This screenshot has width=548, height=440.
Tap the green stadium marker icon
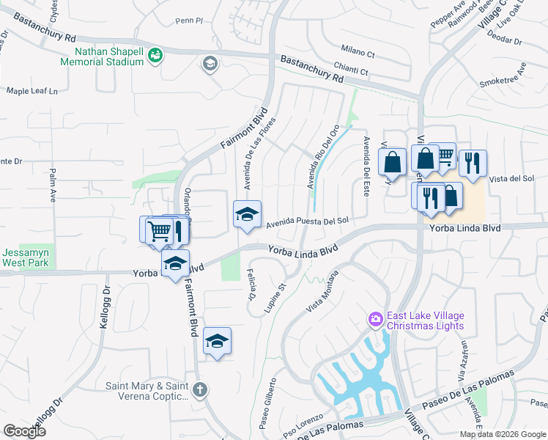tap(155, 55)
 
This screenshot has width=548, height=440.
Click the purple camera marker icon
tap(375, 318)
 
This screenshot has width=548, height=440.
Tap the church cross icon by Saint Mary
tap(201, 390)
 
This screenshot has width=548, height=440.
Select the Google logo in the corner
tap(24, 431)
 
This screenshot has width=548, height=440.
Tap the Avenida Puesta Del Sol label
tap(306, 221)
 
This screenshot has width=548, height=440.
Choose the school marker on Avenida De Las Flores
tap(247, 214)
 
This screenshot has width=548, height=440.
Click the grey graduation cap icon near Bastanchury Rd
tap(210, 65)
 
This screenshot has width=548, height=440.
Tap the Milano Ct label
tap(358, 54)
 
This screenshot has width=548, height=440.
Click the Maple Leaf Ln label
tap(32, 91)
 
